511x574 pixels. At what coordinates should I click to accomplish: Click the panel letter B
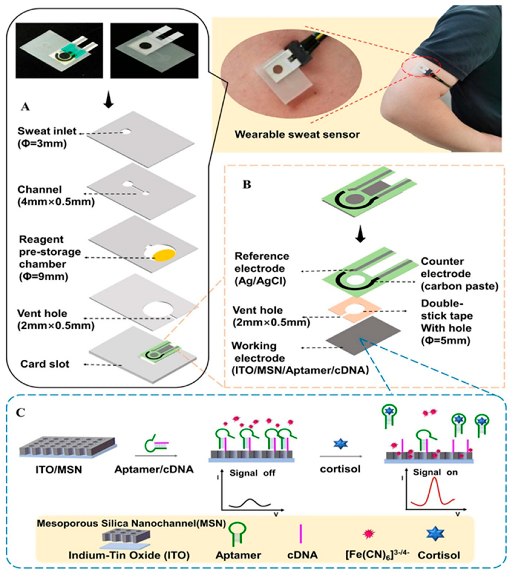coord(247,184)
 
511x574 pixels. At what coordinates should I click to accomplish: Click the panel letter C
coord(21,413)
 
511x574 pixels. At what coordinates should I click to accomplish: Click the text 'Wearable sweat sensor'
coord(297,134)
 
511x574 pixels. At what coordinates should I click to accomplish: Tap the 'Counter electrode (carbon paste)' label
coord(459,274)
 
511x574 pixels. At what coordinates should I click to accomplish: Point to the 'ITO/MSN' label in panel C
coord(59,470)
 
